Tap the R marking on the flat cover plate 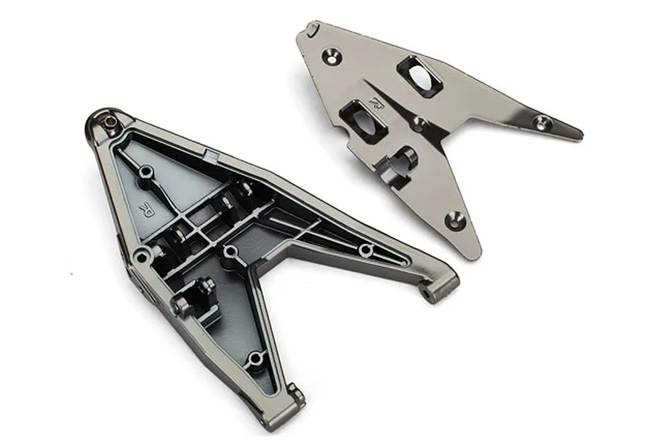(x=377, y=108)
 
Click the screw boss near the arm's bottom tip (x=256, y=359)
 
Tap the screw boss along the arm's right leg (x=365, y=249)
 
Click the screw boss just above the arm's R (x=146, y=172)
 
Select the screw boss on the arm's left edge (x=140, y=257)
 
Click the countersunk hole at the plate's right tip (x=541, y=120)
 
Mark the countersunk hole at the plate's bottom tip (x=455, y=219)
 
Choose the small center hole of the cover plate (x=420, y=122)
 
